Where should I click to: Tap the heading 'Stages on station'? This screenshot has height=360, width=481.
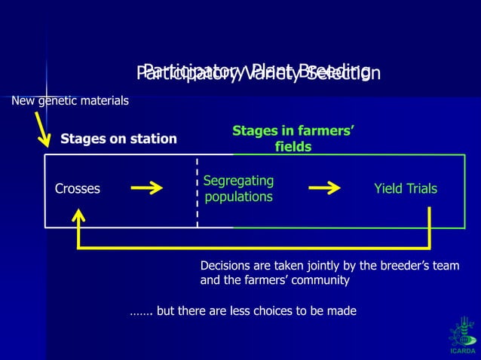click(x=118, y=139)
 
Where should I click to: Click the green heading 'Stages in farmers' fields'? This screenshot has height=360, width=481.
click(x=293, y=139)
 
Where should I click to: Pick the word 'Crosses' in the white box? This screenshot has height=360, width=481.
click(x=78, y=189)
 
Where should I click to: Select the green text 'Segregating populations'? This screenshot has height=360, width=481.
click(x=239, y=189)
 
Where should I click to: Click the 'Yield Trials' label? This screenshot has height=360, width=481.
click(x=405, y=189)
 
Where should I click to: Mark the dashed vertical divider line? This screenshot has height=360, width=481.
click(x=198, y=192)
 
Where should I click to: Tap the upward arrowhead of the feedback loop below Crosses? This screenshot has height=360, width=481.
click(x=78, y=216)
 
